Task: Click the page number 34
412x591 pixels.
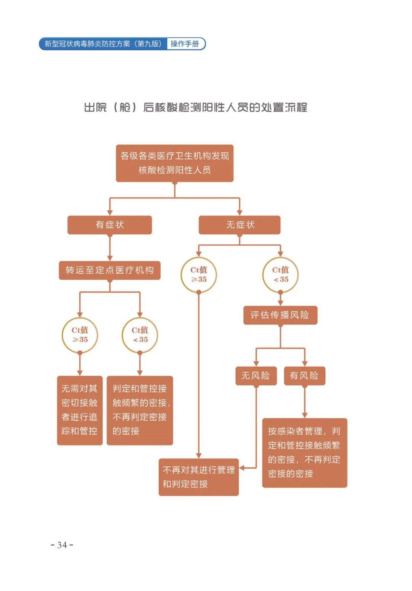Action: pyautogui.click(x=62, y=545)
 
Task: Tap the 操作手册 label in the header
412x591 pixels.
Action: pyautogui.click(x=185, y=44)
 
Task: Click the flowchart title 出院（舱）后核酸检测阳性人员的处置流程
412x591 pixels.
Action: pyautogui.click(x=195, y=107)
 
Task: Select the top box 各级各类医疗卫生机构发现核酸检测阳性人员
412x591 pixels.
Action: pyautogui.click(x=174, y=163)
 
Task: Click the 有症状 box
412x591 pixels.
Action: pyautogui.click(x=109, y=225)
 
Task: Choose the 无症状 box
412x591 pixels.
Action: pyautogui.click(x=240, y=225)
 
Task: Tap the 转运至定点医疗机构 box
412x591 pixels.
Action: pyautogui.click(x=109, y=270)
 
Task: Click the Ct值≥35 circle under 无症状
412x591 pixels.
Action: pyautogui.click(x=198, y=275)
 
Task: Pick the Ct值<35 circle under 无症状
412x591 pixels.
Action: pyautogui.click(x=280, y=275)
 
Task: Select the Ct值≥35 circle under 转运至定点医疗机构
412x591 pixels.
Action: pyautogui.click(x=80, y=335)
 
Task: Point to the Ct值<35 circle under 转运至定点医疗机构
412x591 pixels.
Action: pyautogui.click(x=140, y=335)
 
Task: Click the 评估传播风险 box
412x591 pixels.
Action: pyautogui.click(x=280, y=315)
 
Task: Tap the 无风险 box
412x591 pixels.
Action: pyautogui.click(x=256, y=376)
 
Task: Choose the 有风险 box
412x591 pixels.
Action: pyautogui.click(x=304, y=376)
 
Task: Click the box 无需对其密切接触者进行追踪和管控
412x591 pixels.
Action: pyautogui.click(x=80, y=410)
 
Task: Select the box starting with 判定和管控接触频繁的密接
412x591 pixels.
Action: pyautogui.click(x=140, y=410)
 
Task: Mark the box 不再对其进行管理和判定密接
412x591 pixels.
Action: pyautogui.click(x=198, y=477)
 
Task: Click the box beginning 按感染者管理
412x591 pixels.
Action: pyautogui.click(x=304, y=453)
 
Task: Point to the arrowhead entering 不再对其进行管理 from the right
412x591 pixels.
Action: pyautogui.click(x=242, y=468)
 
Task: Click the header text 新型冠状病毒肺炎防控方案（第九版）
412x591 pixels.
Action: pyautogui.click(x=103, y=44)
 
